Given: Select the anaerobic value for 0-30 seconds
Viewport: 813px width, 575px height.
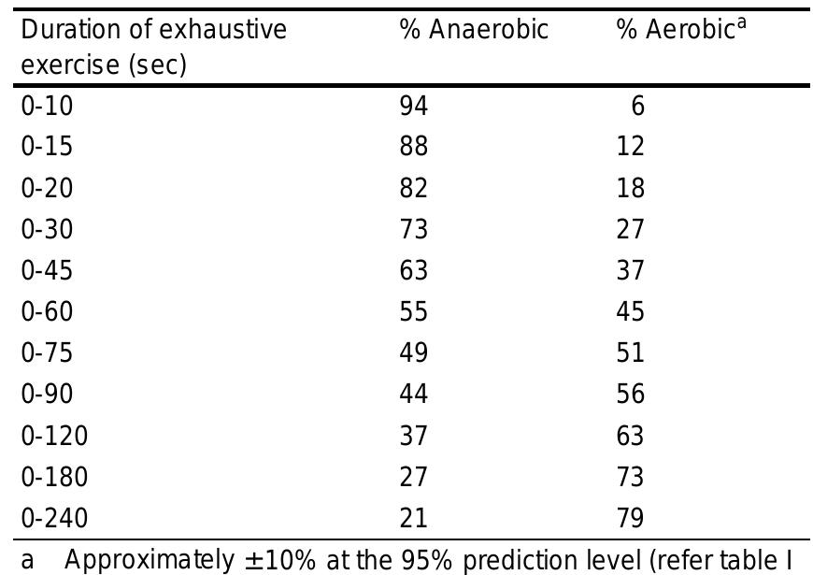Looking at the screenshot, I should (x=413, y=230).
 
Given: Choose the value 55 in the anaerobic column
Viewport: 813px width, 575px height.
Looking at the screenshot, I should (x=413, y=311).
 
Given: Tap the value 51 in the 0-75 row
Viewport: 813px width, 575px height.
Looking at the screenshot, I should (x=630, y=352).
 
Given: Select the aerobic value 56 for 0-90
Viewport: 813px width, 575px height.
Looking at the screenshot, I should (x=630, y=394).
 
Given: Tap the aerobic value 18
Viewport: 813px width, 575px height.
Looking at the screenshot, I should (x=630, y=189).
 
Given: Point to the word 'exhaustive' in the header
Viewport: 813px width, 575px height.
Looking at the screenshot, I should (x=230, y=30).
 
